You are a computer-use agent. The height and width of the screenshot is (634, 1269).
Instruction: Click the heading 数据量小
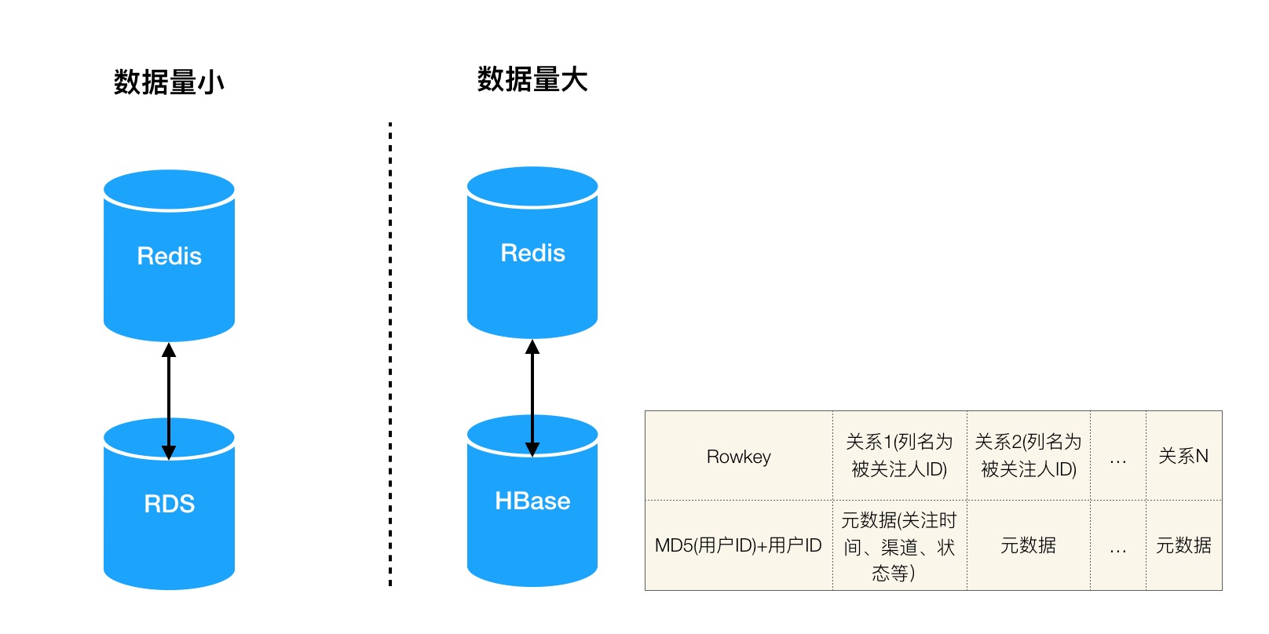(169, 82)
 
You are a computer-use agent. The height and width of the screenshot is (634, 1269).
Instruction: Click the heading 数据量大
(532, 79)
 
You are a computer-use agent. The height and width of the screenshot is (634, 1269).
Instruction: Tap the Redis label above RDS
(169, 256)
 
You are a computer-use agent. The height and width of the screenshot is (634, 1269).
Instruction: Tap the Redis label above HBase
(532, 253)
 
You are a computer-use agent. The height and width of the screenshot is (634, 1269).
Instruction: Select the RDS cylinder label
(169, 504)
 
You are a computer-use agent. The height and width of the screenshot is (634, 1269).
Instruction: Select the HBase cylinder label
(532, 501)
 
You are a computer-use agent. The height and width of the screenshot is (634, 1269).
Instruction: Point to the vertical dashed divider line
(390, 353)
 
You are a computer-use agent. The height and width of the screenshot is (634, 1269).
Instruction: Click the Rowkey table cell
(738, 456)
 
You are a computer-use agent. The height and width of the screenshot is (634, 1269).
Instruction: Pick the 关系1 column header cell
(899, 455)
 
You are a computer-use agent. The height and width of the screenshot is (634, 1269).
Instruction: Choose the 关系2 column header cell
(1028, 455)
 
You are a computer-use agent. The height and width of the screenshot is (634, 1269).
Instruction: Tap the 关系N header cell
(1183, 456)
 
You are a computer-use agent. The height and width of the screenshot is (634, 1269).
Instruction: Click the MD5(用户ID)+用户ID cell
(738, 545)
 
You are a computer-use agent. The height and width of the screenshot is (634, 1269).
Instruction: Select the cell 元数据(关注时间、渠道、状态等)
(899, 546)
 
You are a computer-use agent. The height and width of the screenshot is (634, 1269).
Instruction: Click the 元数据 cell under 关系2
(1028, 545)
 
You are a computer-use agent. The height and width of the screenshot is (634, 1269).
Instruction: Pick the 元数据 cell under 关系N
(1183, 545)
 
